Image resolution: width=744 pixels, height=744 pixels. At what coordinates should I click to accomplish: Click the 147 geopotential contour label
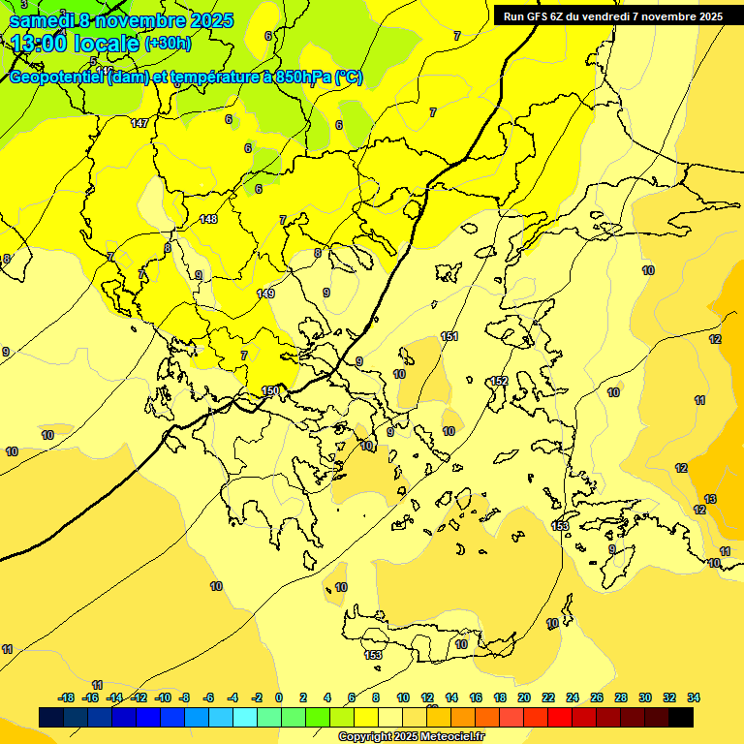tap(140, 123)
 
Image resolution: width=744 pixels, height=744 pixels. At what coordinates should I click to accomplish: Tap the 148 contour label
tap(208, 219)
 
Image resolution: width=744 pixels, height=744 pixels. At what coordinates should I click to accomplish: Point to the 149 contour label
tap(265, 294)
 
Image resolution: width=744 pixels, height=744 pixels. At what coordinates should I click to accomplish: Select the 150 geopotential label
tap(271, 390)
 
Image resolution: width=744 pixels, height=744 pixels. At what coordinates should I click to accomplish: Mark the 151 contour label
tap(449, 336)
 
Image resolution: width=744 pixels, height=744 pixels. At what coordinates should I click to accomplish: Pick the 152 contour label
tap(499, 381)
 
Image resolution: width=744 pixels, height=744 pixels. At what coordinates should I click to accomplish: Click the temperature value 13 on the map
tap(710, 499)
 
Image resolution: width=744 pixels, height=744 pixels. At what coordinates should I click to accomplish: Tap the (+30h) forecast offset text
tap(168, 43)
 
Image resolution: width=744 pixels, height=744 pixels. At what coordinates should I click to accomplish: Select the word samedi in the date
tap(40, 19)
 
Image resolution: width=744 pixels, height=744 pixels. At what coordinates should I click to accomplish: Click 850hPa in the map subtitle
tap(299, 77)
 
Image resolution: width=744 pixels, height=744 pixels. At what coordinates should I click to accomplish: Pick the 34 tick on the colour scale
tap(694, 697)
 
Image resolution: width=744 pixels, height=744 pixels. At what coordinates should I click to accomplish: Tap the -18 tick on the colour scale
tap(66, 697)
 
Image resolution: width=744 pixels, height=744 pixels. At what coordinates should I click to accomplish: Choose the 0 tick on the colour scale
tap(279, 697)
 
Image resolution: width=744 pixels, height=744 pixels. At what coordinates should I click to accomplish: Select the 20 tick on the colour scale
tap(524, 697)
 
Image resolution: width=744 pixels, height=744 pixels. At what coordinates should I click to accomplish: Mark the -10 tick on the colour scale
tap(162, 697)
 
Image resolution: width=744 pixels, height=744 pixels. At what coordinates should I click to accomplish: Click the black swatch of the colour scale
tap(680, 717)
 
